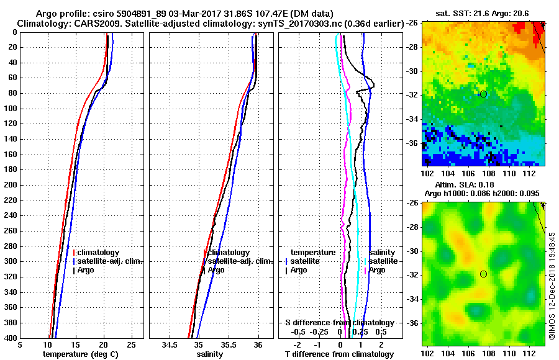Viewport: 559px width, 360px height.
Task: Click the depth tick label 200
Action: (x=9, y=185)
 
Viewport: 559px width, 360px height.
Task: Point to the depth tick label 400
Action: (x=9, y=338)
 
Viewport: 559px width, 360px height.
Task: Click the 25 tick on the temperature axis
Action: (x=131, y=344)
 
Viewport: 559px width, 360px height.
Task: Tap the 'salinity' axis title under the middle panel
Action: (x=210, y=354)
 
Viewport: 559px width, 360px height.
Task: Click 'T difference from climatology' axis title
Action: (x=339, y=354)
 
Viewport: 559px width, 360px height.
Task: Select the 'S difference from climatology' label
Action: (x=339, y=323)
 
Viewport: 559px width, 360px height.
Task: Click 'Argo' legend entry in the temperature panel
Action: (x=87, y=270)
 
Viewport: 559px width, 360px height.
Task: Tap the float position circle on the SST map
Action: (x=483, y=94)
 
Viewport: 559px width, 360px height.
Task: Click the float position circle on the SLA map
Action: (x=483, y=274)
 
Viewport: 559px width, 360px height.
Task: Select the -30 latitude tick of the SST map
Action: (x=413, y=70)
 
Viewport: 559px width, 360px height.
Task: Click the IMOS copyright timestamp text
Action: (x=552, y=286)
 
